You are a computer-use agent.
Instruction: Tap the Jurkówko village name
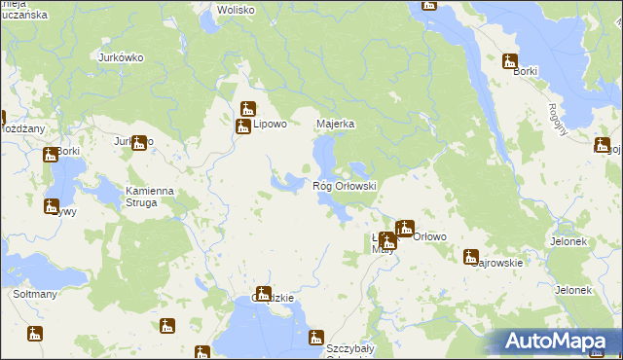122,57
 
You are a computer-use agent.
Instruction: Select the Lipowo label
270,125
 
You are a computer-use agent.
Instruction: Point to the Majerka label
335,125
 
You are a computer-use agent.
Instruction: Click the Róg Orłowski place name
344,185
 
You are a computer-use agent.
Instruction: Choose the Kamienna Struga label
149,197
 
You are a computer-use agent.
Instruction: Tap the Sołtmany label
35,293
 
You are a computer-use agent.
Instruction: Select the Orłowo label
430,236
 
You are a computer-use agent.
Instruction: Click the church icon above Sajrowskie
471,257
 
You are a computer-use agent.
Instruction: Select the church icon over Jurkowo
138,143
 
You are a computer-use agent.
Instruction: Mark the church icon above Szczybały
315,338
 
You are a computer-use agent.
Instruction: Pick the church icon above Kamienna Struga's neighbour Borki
50,155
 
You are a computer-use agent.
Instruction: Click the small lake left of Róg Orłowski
286,182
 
